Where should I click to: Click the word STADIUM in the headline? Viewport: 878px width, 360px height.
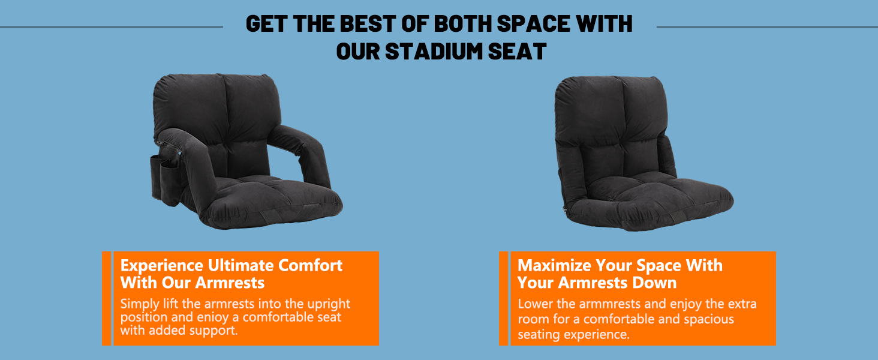pyautogui.click(x=434, y=52)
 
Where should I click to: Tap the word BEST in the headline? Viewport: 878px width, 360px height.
pyautogui.click(x=367, y=23)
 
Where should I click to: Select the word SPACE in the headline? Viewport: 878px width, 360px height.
pyautogui.click(x=534, y=23)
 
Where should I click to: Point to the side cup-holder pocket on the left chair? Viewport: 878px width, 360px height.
pyautogui.click(x=164, y=178)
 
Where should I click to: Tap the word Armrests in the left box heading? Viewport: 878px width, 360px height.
pyautogui.click(x=230, y=283)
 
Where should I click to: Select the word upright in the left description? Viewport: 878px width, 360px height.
pyautogui.click(x=329, y=304)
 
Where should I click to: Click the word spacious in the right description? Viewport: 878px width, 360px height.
pyautogui.click(x=709, y=319)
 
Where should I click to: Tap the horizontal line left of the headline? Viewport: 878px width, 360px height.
pyautogui.click(x=112, y=27)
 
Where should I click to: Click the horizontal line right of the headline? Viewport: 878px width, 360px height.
pyautogui.click(x=767, y=27)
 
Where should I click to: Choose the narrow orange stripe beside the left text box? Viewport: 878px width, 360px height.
pyautogui.click(x=106, y=298)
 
